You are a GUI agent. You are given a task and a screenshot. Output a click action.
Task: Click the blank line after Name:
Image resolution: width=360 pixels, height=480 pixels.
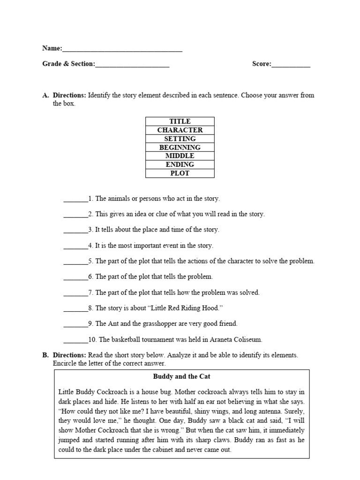tap(122, 49)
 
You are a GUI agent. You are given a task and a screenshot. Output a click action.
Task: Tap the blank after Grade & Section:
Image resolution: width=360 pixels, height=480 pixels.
tap(132, 65)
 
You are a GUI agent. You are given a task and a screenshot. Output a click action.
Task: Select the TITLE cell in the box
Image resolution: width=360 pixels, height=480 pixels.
tap(180, 121)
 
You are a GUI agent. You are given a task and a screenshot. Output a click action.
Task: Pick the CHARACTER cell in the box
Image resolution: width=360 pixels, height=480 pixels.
tap(180, 130)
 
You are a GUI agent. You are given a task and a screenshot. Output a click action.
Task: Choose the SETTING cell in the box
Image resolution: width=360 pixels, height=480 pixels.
tap(180, 139)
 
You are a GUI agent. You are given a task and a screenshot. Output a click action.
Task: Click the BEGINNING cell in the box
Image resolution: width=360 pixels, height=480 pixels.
tap(180, 147)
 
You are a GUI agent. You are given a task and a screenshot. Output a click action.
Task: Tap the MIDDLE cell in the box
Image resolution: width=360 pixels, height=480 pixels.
tap(180, 156)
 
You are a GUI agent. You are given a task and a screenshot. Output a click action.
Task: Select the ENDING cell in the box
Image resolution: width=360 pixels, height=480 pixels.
tap(180, 165)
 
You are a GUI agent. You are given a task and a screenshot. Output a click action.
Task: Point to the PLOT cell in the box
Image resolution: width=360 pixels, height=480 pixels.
tap(180, 173)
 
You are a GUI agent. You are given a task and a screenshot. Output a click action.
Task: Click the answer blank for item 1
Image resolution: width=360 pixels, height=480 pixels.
tap(75, 199)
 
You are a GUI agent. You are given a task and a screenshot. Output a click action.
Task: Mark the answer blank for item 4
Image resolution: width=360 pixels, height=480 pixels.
tap(75, 246)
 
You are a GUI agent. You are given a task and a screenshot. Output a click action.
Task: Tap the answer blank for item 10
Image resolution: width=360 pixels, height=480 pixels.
tap(75, 340)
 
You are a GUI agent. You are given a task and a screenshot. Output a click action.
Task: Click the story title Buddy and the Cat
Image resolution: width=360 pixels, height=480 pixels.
tap(181, 376)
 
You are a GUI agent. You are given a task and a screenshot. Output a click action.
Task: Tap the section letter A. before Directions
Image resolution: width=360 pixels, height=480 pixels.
tap(45, 95)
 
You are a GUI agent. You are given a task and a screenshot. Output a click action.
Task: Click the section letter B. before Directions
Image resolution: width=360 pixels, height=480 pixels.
tap(45, 355)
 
